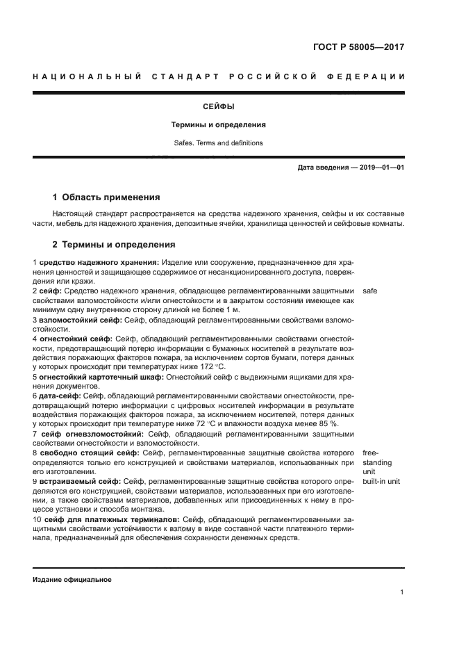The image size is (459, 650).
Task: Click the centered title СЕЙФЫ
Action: pos(218,107)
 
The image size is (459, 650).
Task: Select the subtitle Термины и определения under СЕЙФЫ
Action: pos(218,125)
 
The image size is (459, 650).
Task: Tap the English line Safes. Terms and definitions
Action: pos(218,143)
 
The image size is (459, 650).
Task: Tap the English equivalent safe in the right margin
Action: pos(370,291)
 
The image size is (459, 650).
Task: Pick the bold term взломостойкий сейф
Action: pos(80,320)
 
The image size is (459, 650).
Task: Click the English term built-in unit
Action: pos(381,481)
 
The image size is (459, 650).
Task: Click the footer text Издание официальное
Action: pos(72,579)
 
